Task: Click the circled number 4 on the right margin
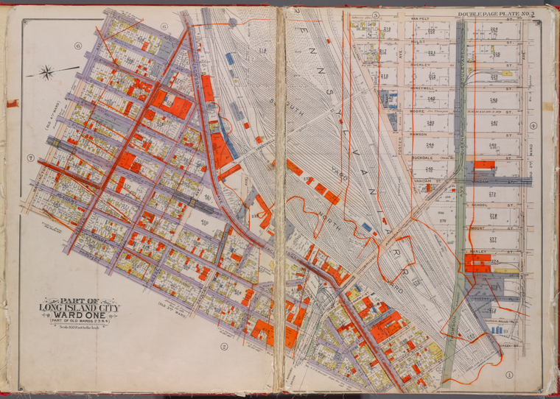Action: (x=533, y=125)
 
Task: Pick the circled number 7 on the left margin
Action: (x=32, y=158)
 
